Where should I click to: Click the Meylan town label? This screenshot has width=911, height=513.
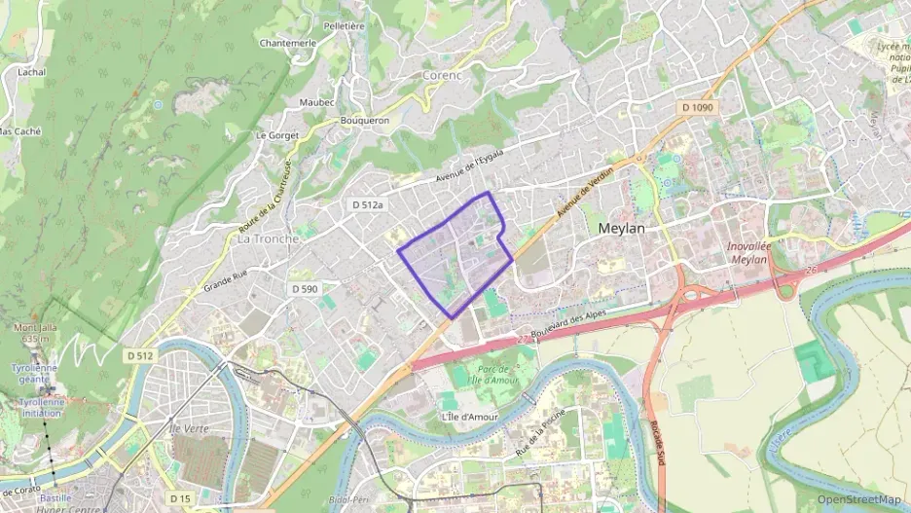[621, 227]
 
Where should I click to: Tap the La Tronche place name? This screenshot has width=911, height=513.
[268, 238]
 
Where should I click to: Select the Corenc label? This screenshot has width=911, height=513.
[442, 74]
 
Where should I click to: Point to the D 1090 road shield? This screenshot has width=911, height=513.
[698, 107]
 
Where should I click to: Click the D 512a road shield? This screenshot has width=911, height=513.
[368, 205]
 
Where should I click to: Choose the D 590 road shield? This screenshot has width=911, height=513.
[305, 289]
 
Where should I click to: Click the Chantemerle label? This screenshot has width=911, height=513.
[288, 43]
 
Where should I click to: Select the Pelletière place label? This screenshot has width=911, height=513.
[343, 26]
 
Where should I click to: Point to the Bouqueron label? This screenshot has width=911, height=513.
[364, 121]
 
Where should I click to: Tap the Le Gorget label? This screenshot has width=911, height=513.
[275, 135]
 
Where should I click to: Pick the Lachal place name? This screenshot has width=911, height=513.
[31, 72]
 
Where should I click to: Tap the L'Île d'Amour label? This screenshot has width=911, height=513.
[470, 417]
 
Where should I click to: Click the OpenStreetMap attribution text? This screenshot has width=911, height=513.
[858, 499]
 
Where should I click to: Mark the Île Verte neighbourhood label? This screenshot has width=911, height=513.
[189, 428]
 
